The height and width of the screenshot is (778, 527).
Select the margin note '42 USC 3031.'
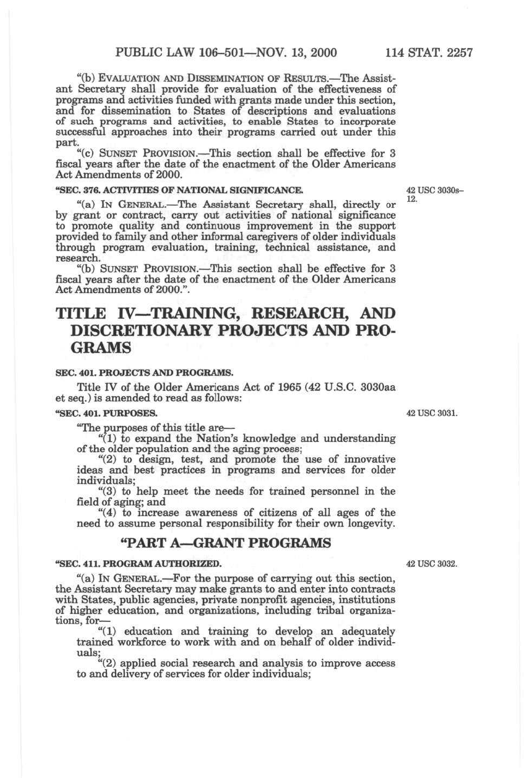[432, 413]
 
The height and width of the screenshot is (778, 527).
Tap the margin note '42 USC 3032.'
[432, 564]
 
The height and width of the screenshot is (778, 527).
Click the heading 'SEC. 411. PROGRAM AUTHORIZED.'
[138, 564]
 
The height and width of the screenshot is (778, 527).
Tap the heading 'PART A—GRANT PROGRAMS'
[224, 543]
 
